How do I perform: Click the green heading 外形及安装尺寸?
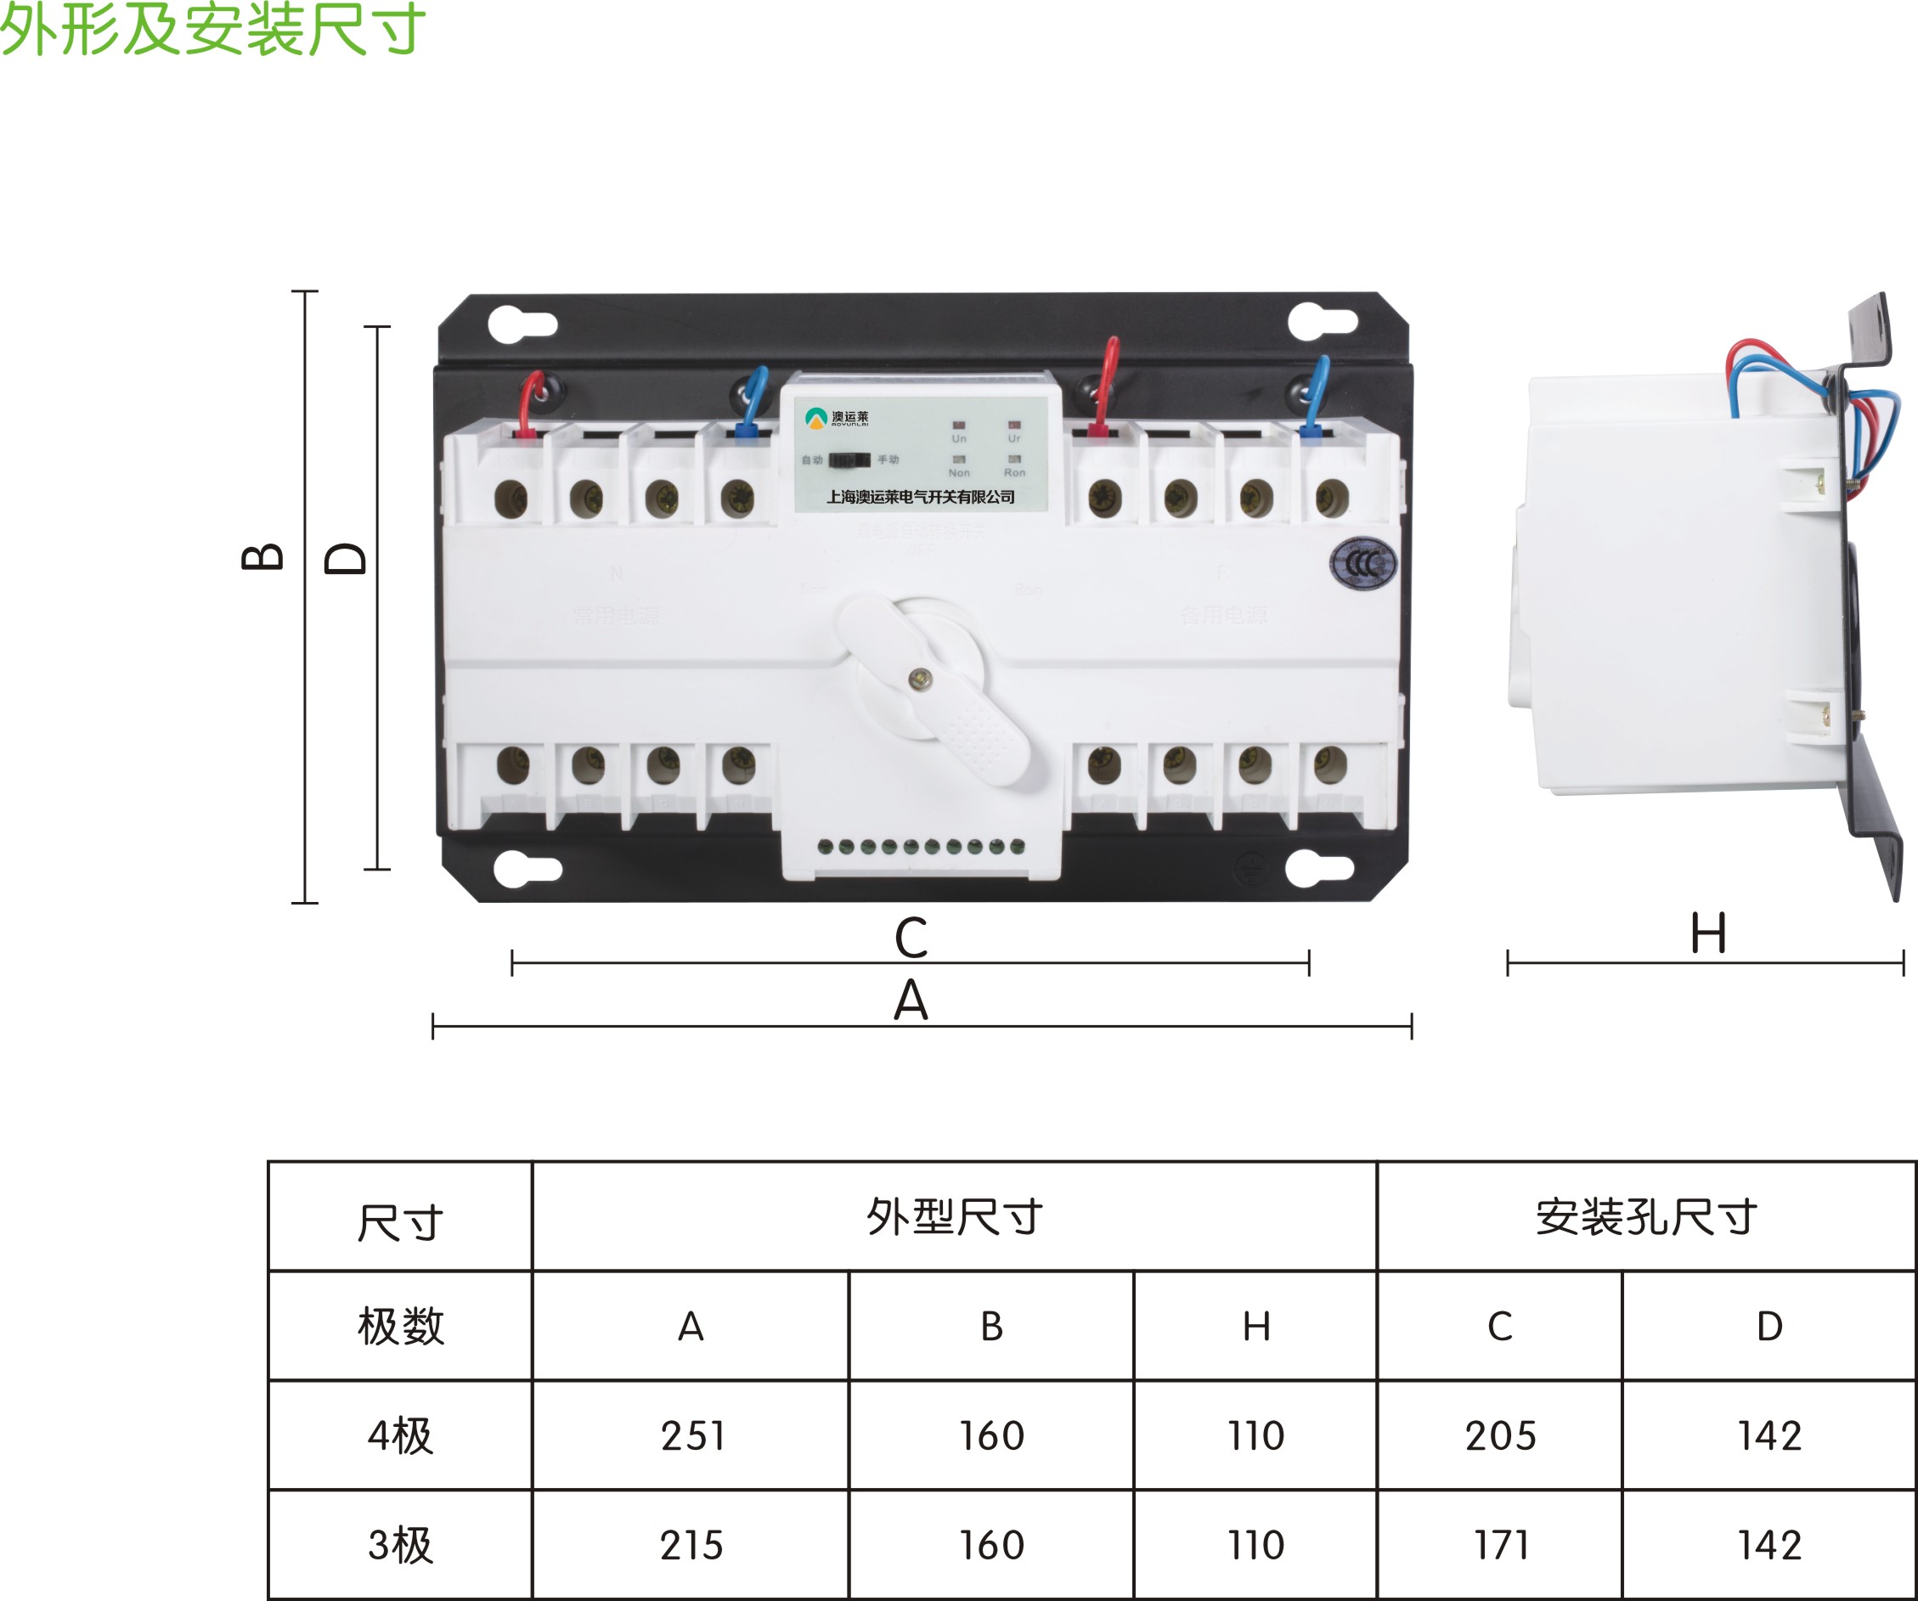click(212, 29)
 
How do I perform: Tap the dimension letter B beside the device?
click(262, 556)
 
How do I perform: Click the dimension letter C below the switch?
click(911, 938)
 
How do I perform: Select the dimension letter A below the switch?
click(911, 1001)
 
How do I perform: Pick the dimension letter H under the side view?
click(1708, 934)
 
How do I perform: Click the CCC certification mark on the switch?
click(1362, 563)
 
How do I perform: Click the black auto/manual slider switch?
click(849, 459)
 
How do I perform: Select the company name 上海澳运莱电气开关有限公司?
click(921, 497)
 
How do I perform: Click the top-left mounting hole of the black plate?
click(522, 324)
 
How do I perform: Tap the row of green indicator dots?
click(921, 846)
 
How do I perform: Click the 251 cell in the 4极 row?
click(692, 1435)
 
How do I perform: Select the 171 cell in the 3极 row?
click(1501, 1545)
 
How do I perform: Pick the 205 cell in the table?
click(1501, 1435)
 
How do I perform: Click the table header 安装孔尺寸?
click(1646, 1216)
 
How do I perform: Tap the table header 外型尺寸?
click(955, 1216)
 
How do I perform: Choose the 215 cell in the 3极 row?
click(691, 1545)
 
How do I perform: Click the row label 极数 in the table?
click(401, 1326)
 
